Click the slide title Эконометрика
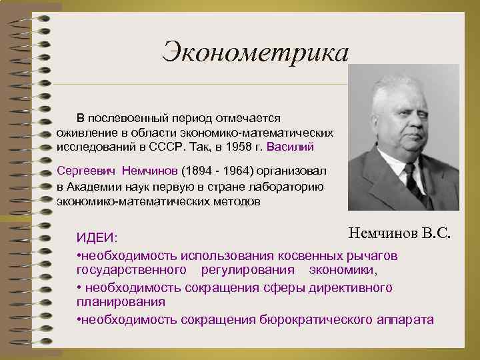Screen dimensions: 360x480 [255, 51]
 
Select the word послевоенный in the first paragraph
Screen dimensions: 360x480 [139, 117]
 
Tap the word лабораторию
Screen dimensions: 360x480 [284, 186]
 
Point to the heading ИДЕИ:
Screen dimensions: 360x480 [97, 238]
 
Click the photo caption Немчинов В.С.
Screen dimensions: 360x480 [399, 233]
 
